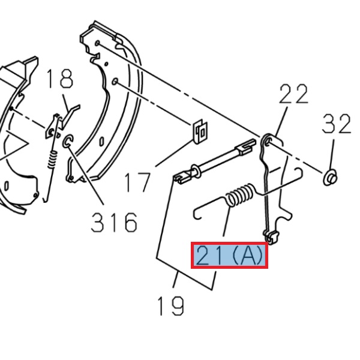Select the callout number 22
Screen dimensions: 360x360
(293, 95)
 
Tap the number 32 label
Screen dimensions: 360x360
(336, 124)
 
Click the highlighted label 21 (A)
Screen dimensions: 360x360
(230, 256)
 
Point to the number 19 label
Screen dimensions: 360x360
(170, 306)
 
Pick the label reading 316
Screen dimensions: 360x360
(114, 223)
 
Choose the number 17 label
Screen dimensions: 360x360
(137, 181)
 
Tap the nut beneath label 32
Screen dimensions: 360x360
(330, 177)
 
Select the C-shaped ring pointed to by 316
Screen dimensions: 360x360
(68, 142)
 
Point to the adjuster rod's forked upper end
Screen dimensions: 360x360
(245, 145)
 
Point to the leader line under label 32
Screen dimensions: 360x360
(332, 155)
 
